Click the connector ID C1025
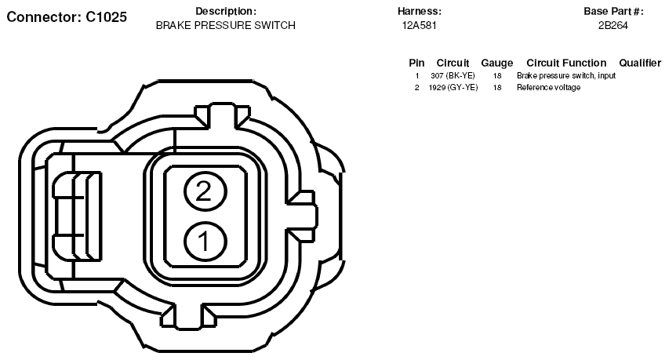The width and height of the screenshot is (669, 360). click(x=106, y=16)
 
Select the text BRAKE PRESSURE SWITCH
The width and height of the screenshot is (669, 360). click(x=226, y=26)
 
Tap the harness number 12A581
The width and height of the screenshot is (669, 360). click(x=419, y=26)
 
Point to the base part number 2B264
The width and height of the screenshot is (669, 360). click(x=613, y=26)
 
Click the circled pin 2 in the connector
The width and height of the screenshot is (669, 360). click(x=205, y=191)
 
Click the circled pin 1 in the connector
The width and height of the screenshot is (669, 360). click(x=205, y=242)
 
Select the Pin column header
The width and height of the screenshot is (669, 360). click(x=416, y=63)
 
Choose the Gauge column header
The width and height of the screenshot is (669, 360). click(x=497, y=63)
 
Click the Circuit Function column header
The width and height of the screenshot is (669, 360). click(x=566, y=63)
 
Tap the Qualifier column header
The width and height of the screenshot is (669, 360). click(x=640, y=63)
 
